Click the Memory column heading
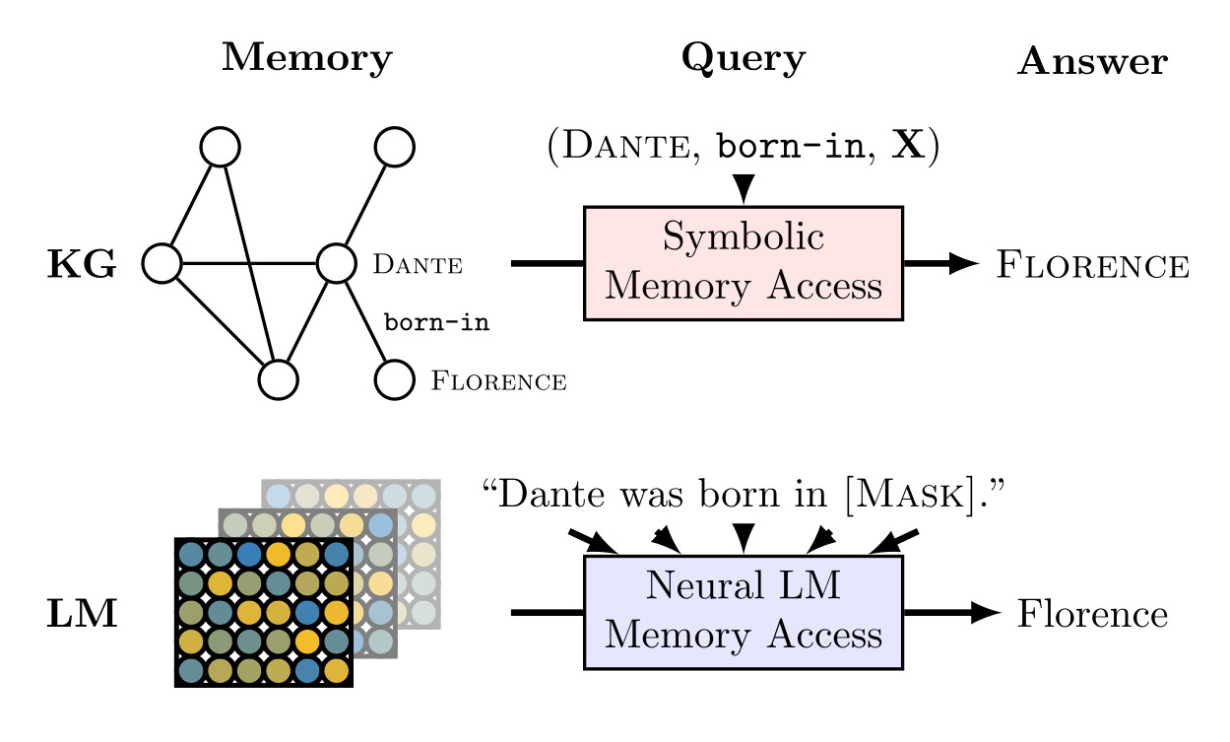pos(306,59)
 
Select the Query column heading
pos(743,59)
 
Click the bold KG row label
pos(82,265)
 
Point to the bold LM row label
pos(82,615)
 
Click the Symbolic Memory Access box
pos(743,263)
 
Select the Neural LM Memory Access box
pos(743,613)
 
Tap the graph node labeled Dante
pos(335,263)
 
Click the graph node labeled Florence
pos(394,380)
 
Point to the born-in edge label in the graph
pos(436,323)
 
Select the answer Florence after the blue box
pos(1092,615)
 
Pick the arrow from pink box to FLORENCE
pos(940,263)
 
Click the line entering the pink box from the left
pos(548,263)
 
